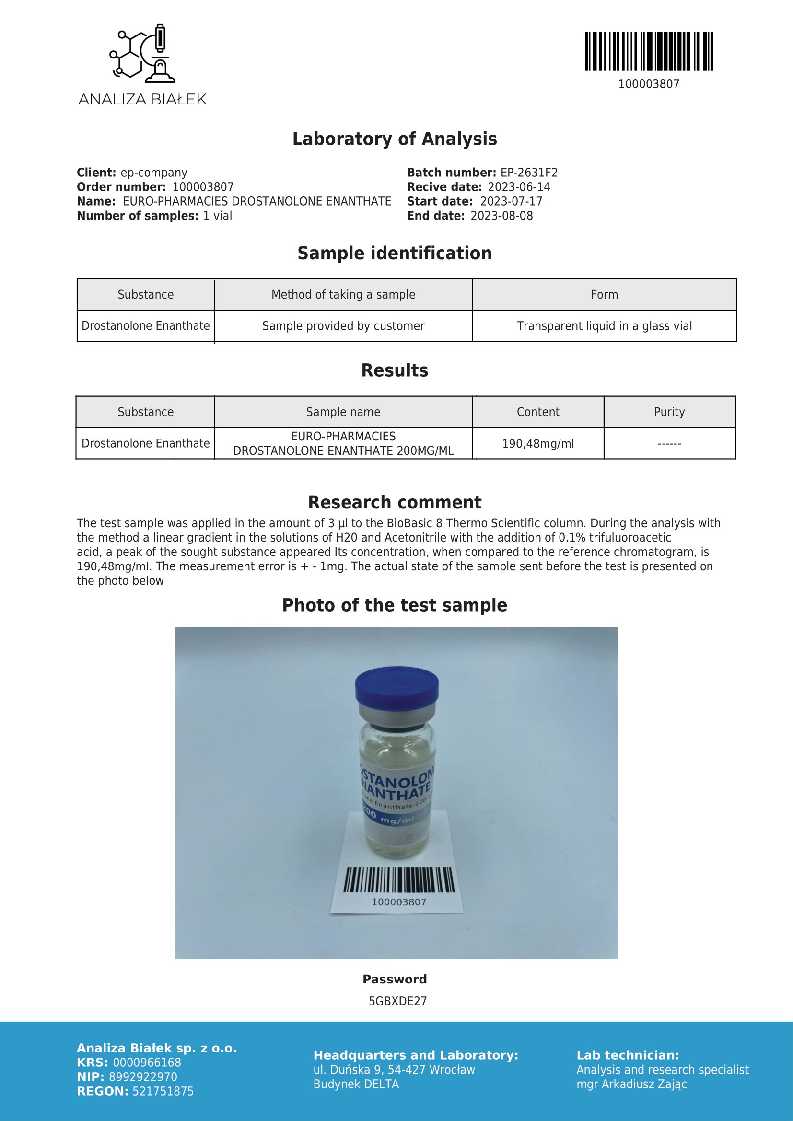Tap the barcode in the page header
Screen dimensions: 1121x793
(x=649, y=52)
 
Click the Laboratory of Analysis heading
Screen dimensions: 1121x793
(x=395, y=139)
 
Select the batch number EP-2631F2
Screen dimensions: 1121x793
(x=529, y=173)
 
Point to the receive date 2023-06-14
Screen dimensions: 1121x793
(x=519, y=187)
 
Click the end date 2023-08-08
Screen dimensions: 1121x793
(x=501, y=216)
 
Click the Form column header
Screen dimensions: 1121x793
(x=604, y=295)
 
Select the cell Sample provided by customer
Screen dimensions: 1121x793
(x=343, y=326)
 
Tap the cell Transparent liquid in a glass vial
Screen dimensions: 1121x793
(x=604, y=326)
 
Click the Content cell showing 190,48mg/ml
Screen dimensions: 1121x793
(x=537, y=444)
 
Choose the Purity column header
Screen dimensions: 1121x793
(x=669, y=412)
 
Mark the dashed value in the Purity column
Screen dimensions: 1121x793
(x=669, y=444)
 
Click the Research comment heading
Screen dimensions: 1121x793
(x=395, y=502)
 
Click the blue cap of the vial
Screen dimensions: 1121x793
(x=396, y=686)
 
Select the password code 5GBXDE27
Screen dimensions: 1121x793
(x=397, y=1001)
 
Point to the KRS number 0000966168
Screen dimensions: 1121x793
(x=147, y=1063)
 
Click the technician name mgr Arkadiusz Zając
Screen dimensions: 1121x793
(x=631, y=1085)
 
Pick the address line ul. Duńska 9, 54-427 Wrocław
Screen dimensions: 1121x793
(x=394, y=1070)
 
